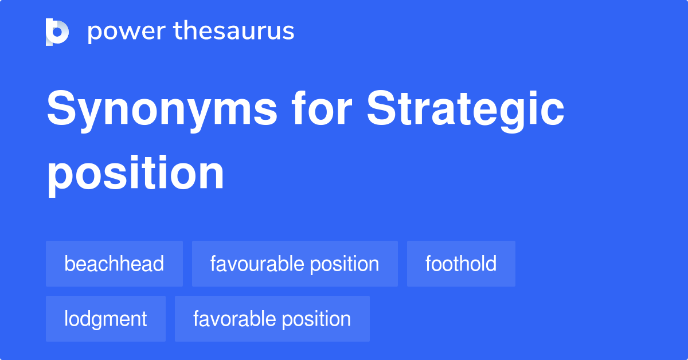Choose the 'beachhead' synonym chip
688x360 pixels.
[114, 264]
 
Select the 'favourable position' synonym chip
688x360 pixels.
[295, 264]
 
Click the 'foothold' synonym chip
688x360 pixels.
[461, 264]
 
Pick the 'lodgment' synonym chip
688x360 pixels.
[105, 319]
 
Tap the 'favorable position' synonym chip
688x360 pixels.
[272, 319]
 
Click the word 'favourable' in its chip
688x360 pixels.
[257, 264]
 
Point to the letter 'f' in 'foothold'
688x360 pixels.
[428, 264]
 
